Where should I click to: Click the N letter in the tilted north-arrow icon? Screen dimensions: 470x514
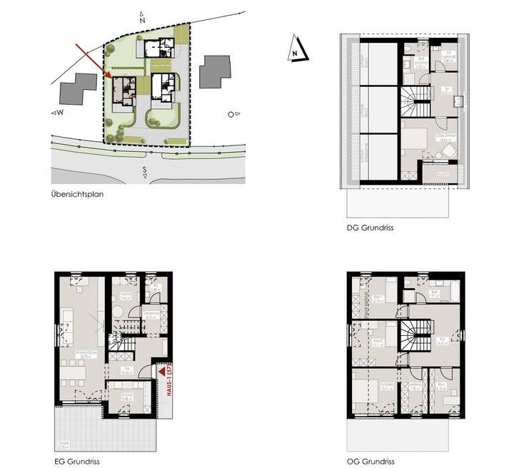(294, 51)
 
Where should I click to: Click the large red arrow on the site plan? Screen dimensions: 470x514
(92, 60)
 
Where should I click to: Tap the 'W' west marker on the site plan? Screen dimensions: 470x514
(58, 113)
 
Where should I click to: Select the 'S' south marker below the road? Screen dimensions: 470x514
(143, 170)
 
